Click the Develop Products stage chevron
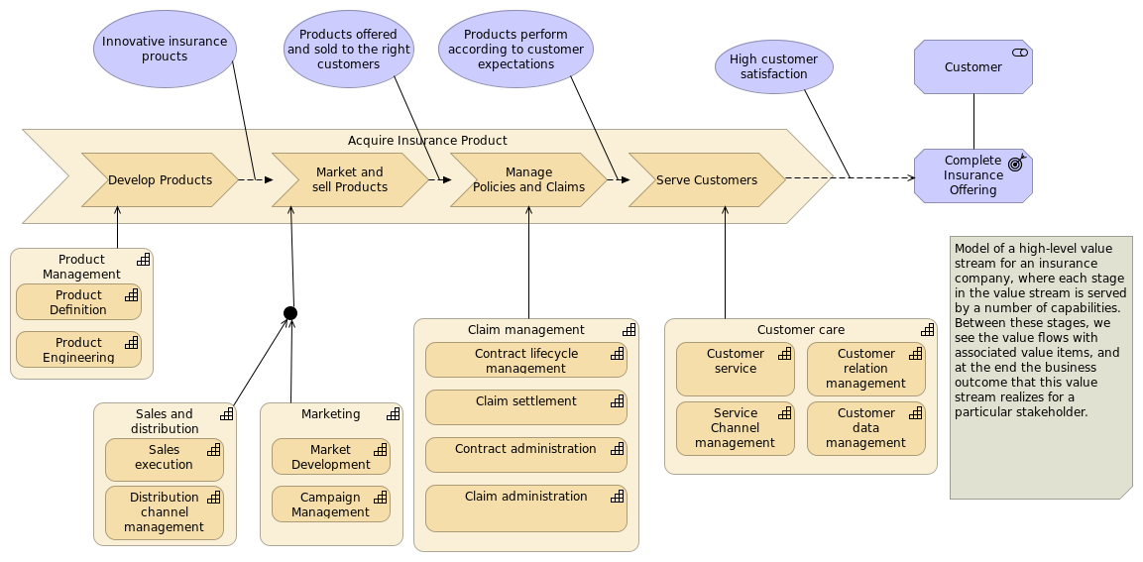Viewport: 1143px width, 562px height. [161, 180]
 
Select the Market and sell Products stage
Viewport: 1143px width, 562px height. [350, 180]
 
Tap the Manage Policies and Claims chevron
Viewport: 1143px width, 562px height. [528, 180]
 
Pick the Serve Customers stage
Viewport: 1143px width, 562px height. [707, 180]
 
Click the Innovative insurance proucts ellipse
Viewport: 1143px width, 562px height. [165, 49]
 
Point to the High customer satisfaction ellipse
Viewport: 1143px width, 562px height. [773, 67]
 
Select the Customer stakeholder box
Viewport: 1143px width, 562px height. [973, 67]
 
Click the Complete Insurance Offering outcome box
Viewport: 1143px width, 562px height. [973, 175]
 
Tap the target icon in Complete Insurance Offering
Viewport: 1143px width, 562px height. [1016, 164]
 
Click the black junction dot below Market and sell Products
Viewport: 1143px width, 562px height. [290, 313]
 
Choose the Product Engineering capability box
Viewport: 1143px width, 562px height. [78, 350]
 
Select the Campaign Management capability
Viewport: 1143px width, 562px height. [331, 505]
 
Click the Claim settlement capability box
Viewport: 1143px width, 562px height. [526, 407]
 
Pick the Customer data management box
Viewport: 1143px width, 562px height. [866, 428]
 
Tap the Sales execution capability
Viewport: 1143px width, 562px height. [164, 460]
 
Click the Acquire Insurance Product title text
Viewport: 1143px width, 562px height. [427, 141]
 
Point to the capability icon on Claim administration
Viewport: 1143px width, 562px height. [618, 497]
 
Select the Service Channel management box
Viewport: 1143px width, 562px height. [736, 428]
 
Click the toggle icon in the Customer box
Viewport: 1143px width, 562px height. [1020, 53]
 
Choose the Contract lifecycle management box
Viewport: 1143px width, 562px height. [526, 360]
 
